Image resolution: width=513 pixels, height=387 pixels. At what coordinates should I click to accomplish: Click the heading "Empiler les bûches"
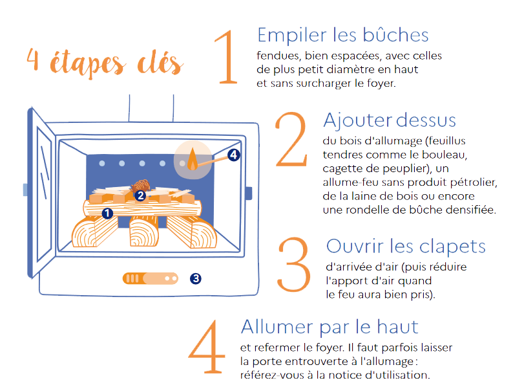[x=343, y=35]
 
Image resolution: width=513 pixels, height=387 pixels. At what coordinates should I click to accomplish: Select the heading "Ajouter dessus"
[x=390, y=120]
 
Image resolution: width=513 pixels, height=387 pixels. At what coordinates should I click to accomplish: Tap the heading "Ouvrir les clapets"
[x=406, y=247]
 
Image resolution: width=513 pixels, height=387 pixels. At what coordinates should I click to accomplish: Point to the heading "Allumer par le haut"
[x=330, y=327]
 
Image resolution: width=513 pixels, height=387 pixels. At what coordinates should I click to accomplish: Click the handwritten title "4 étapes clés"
[x=105, y=62]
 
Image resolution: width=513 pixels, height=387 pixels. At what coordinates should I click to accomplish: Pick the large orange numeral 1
[x=227, y=57]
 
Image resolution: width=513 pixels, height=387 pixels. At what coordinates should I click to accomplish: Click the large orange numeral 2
[x=291, y=139]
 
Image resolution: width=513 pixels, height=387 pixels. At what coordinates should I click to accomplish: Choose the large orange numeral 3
[x=294, y=264]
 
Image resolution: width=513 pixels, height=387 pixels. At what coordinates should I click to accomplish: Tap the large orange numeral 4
[x=207, y=346]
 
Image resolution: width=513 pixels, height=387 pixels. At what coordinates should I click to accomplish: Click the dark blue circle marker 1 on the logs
[x=107, y=214]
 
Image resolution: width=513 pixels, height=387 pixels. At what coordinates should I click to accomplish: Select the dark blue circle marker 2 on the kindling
[x=141, y=195]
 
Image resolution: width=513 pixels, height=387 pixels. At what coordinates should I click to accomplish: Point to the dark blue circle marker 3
[x=196, y=278]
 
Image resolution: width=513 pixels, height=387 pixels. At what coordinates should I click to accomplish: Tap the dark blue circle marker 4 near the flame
[x=234, y=155]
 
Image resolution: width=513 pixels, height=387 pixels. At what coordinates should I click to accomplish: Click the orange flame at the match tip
[x=193, y=159]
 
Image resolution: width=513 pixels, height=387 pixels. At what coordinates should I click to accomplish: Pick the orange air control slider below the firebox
[x=150, y=278]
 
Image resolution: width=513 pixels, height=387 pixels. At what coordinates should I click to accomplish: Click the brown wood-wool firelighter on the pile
[x=141, y=186]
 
